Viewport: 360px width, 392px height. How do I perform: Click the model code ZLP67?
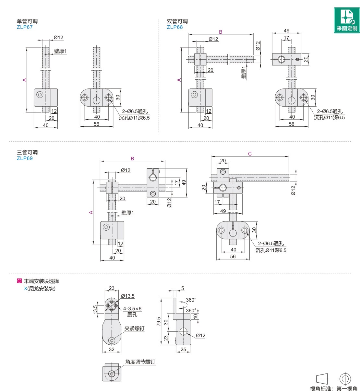(25, 27)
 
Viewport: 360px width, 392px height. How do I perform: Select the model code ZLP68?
(175, 27)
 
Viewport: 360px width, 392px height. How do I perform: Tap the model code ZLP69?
(25, 158)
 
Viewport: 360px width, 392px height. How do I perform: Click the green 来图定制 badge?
(347, 20)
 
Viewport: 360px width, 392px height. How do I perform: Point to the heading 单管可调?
(27, 21)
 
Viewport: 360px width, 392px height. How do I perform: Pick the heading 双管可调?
(177, 21)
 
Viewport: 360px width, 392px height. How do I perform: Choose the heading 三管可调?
(27, 153)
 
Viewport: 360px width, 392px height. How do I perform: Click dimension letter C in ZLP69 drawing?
(250, 154)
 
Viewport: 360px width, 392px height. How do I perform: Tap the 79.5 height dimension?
(159, 321)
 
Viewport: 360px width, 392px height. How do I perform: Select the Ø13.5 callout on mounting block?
(128, 296)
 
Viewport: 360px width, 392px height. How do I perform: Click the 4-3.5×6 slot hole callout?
(132, 309)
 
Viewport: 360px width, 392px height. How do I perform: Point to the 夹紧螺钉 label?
(134, 329)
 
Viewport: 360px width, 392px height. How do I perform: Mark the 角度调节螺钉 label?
(140, 362)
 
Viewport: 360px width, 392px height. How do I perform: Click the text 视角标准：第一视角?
(333, 389)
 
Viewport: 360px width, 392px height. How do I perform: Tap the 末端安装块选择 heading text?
(42, 281)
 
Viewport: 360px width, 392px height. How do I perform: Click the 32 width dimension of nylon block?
(112, 350)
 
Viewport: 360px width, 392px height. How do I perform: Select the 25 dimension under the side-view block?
(183, 350)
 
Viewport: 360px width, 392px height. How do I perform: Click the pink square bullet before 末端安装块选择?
(19, 281)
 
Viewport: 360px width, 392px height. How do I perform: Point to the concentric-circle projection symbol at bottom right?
(345, 379)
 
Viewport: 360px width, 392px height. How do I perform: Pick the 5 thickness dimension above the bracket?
(183, 288)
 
